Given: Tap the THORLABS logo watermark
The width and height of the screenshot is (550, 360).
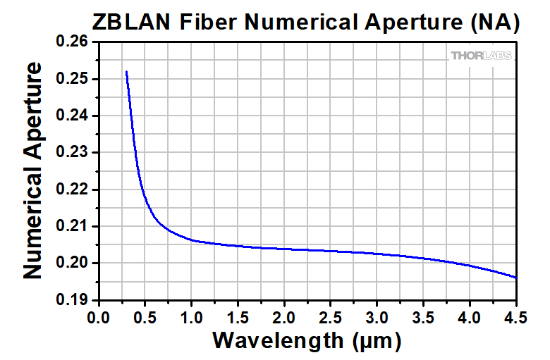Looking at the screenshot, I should pyautogui.click(x=482, y=56).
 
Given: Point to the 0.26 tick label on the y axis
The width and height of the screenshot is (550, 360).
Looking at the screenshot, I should pyautogui.click(x=73, y=42).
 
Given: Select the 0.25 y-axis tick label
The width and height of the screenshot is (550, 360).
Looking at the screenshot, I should pyautogui.click(x=73, y=79).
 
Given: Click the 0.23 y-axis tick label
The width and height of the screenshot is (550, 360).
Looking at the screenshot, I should pyautogui.click(x=73, y=153).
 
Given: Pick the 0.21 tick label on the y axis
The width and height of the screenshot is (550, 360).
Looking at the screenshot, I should pyautogui.click(x=73, y=226).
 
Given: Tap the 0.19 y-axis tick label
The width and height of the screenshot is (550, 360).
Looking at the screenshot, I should pyautogui.click(x=73, y=300).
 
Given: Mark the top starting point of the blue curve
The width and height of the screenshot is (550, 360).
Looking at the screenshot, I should pyautogui.click(x=126, y=72).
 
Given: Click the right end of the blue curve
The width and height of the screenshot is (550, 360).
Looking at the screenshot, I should pyautogui.click(x=516, y=278).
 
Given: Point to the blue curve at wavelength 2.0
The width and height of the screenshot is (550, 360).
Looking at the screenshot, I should pyautogui.click(x=284, y=249).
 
